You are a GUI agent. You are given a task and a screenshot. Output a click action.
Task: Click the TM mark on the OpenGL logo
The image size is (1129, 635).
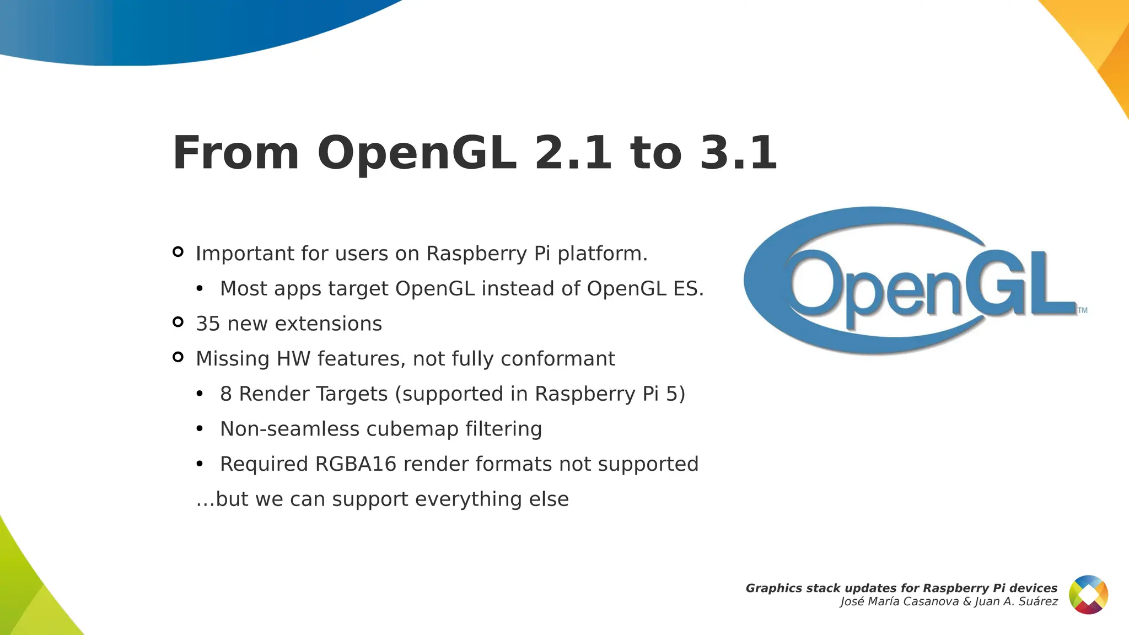pyautogui.click(x=1082, y=310)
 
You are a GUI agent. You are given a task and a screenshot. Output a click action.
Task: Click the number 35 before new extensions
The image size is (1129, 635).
pyautogui.click(x=208, y=324)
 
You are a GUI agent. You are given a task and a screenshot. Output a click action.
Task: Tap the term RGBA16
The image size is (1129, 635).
pyautogui.click(x=356, y=464)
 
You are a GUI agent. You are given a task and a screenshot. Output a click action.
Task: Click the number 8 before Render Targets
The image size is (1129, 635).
pyautogui.click(x=225, y=394)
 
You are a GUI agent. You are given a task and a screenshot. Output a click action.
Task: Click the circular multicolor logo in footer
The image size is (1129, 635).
pyautogui.click(x=1088, y=594)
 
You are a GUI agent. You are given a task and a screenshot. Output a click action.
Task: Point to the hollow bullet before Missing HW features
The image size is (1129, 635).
pyautogui.click(x=178, y=357)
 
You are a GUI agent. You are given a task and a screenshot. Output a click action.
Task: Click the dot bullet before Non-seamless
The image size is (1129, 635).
pyautogui.click(x=200, y=429)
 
